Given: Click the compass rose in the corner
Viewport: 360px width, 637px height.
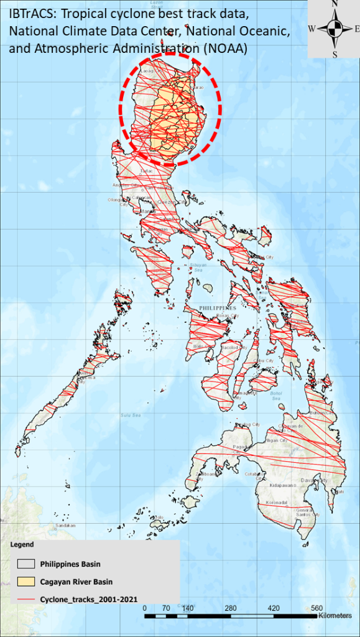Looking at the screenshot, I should [335, 29].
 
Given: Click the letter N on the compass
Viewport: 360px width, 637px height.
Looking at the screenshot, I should [335, 4].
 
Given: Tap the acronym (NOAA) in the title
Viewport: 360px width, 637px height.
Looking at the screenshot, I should [221, 50].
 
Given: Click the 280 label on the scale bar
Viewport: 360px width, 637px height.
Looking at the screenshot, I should [231, 608].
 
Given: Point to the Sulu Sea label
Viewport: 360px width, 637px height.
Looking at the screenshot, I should [130, 414].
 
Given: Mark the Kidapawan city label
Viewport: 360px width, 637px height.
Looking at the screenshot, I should [285, 483].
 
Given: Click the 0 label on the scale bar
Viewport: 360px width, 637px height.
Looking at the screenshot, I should [145, 608].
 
